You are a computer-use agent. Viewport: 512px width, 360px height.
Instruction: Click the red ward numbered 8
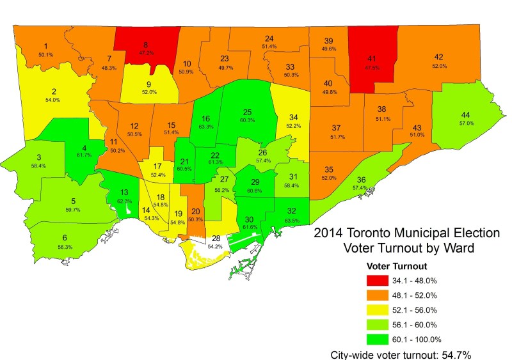click(x=146, y=49)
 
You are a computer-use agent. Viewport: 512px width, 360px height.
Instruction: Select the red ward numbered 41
click(x=371, y=61)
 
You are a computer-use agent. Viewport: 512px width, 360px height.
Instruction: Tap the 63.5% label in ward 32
click(x=292, y=219)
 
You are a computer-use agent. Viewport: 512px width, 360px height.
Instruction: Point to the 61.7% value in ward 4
click(x=84, y=155)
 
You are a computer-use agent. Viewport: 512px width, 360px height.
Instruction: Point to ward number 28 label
click(x=198, y=239)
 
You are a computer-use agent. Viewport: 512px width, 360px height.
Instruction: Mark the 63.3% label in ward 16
click(x=205, y=127)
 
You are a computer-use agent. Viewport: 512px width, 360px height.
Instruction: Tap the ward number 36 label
click(x=362, y=180)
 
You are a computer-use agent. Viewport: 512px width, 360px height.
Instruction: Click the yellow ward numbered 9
click(x=148, y=86)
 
